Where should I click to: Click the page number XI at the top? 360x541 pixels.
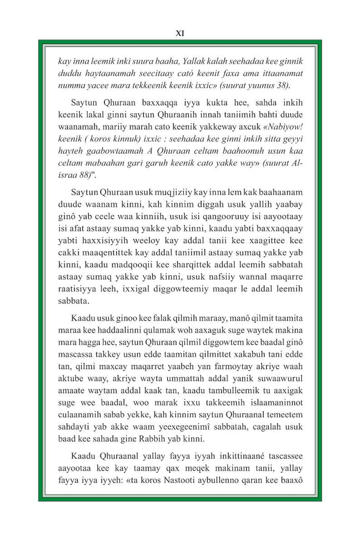pyautogui.click(x=179, y=33)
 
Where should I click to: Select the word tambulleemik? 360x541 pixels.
pyautogui.click(x=210, y=409)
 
